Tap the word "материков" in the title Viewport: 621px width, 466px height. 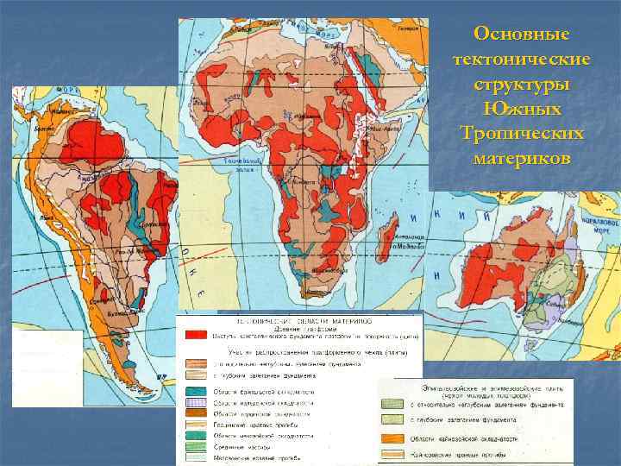coord(522,160)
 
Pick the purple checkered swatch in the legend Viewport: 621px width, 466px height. coord(195,403)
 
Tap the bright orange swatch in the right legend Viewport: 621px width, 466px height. coord(393,439)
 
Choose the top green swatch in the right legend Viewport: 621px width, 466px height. coord(393,403)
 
